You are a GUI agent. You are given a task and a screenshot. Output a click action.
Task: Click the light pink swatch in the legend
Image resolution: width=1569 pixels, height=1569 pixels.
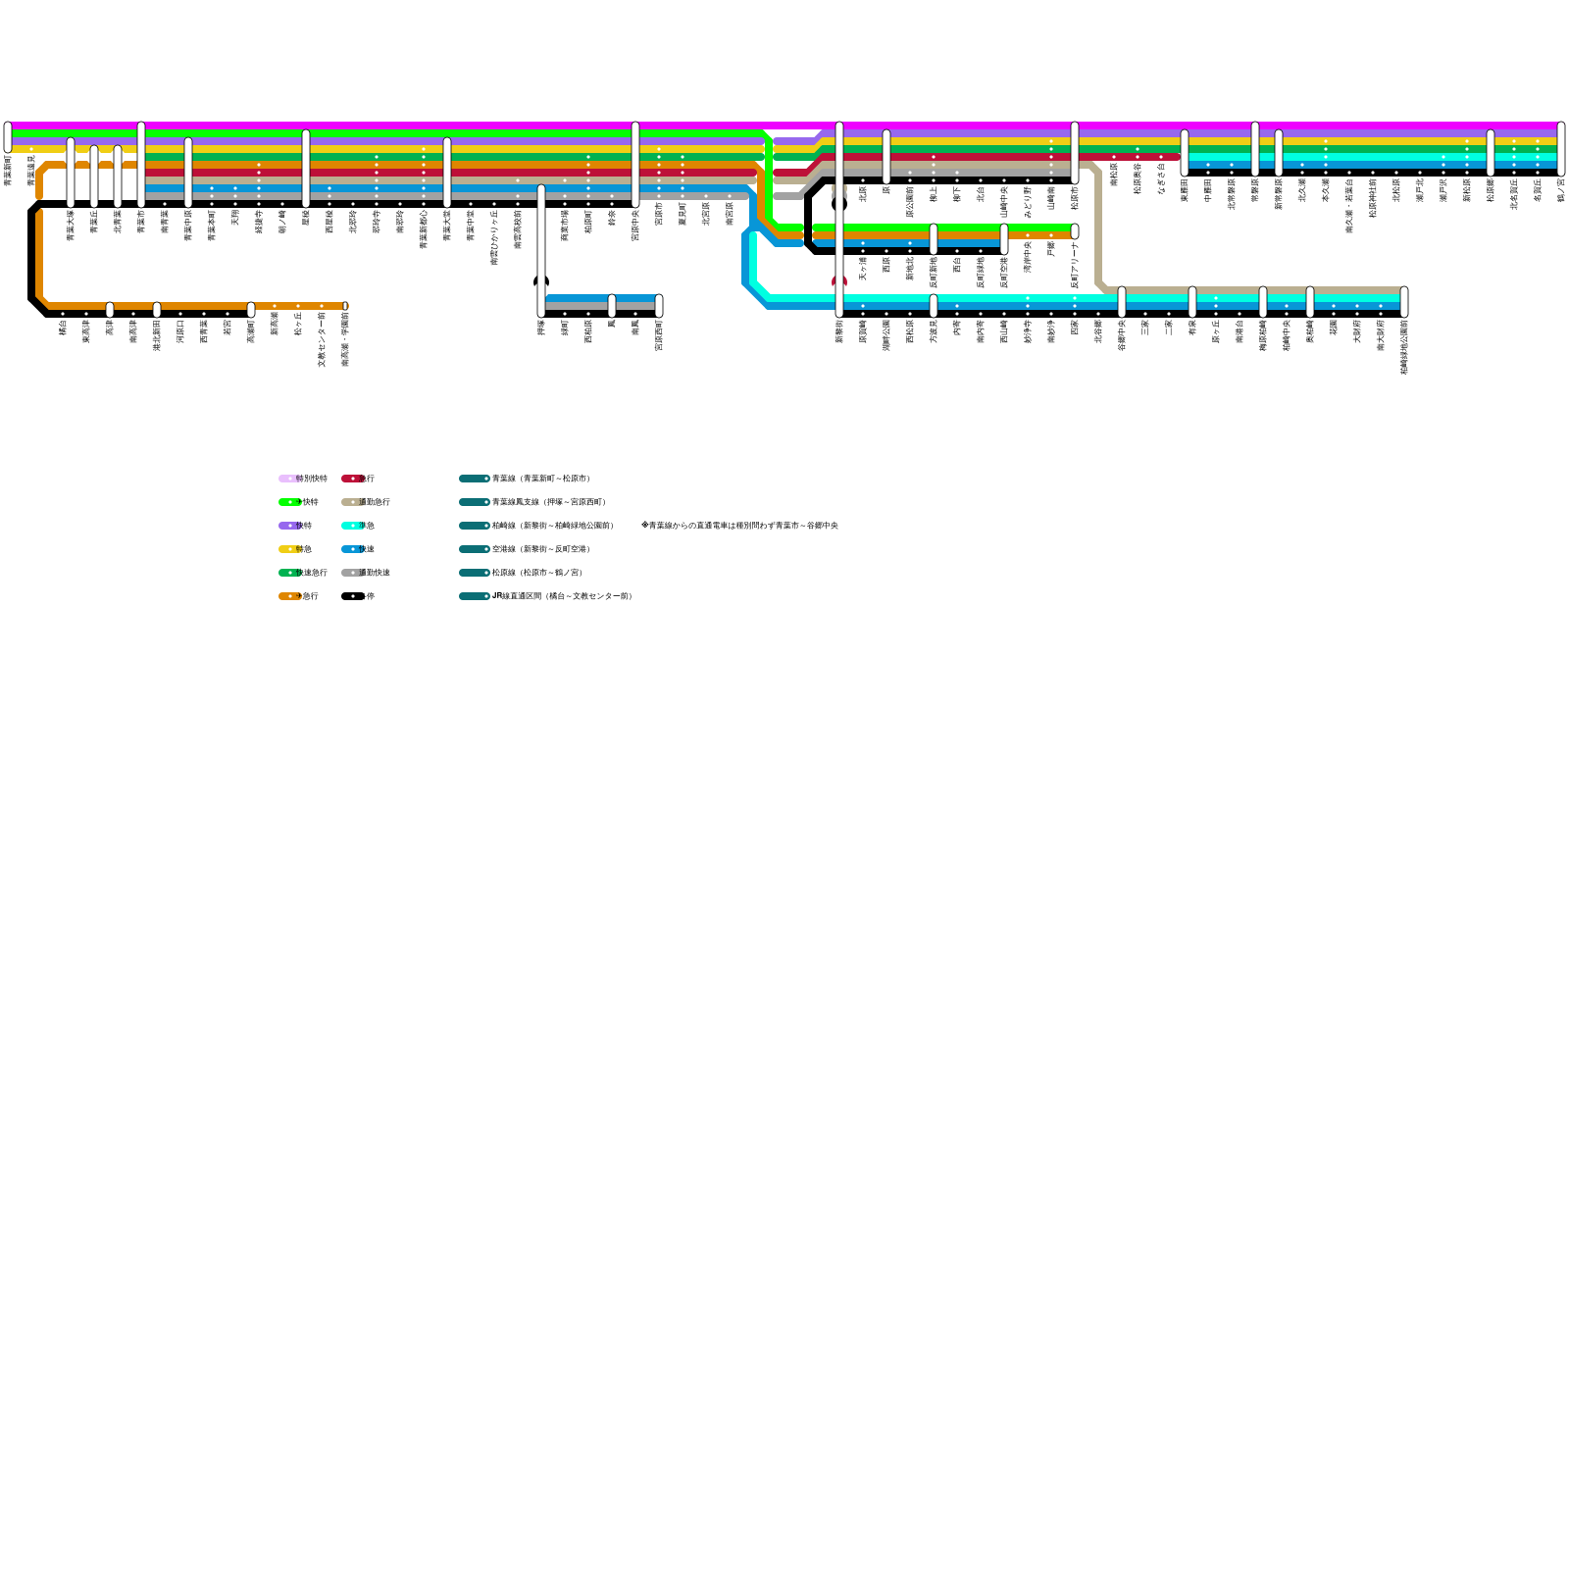coord(287,479)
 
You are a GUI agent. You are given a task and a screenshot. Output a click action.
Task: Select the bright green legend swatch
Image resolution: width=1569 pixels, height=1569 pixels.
coord(287,502)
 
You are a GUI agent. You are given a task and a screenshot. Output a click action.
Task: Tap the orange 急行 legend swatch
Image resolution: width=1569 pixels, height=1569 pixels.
coord(287,596)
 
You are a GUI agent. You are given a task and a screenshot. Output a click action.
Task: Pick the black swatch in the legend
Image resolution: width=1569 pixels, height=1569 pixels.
coord(351,596)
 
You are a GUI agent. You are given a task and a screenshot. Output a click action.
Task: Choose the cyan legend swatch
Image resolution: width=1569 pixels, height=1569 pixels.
coord(351,526)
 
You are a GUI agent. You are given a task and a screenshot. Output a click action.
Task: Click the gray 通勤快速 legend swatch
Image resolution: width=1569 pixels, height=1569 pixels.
coord(351,573)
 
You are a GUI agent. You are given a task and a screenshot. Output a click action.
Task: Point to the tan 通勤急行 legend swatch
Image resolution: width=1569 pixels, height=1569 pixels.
coord(351,502)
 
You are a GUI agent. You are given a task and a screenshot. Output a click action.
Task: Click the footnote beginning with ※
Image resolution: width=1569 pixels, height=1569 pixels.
coord(739,526)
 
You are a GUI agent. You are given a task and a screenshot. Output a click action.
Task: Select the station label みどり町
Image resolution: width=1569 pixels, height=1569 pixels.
coord(1028,201)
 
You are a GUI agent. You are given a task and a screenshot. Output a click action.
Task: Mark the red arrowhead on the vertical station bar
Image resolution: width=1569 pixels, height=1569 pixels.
coord(839,281)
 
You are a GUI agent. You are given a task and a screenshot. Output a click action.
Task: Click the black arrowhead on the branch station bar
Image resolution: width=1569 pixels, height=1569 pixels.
coord(540,280)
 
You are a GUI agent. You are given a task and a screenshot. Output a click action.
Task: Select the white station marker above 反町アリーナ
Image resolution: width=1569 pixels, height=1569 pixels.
coord(1075,231)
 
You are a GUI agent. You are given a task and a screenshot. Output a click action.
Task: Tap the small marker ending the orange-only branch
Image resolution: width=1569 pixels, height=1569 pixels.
coord(345,306)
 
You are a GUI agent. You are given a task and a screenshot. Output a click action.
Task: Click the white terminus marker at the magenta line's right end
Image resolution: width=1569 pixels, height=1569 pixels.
coord(1561,147)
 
